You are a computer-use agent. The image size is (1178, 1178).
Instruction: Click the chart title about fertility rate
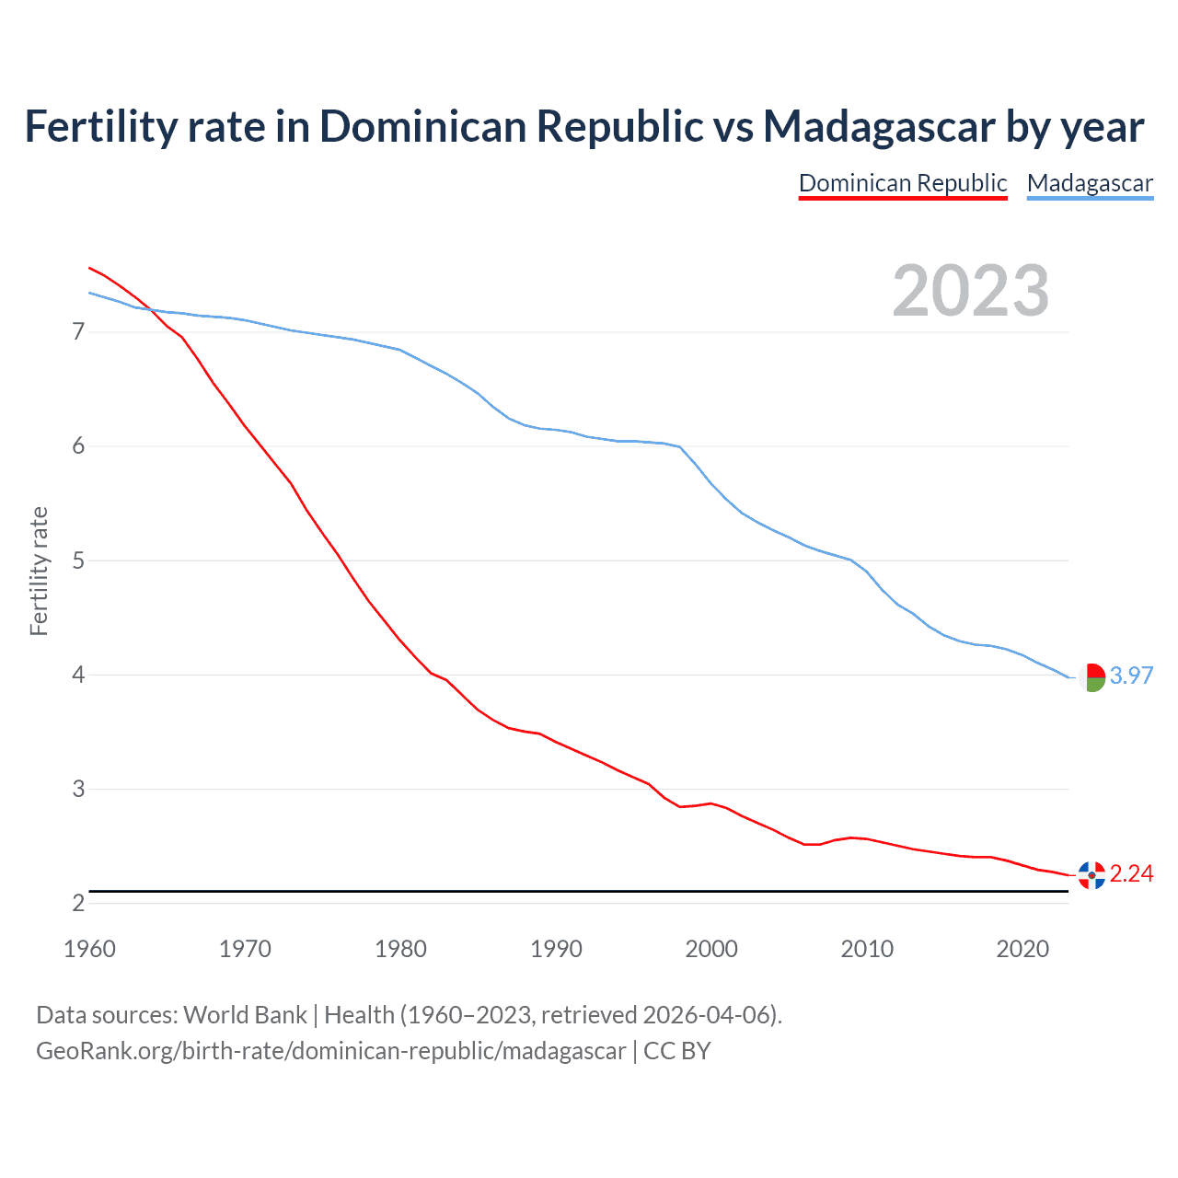584,127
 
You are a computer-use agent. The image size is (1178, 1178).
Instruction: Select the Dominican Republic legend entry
903,183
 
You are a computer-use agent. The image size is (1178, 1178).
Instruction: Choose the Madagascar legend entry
1090,183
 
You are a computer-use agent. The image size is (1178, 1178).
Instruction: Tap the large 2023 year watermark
971,291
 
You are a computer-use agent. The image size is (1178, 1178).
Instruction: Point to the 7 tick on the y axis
78,331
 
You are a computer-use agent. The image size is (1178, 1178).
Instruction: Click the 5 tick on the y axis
78,560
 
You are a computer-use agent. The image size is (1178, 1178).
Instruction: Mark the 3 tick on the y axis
78,789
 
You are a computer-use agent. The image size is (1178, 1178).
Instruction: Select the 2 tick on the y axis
78,903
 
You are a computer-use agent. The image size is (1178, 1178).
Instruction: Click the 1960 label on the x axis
89,949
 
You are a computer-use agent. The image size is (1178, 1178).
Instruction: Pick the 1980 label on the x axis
400,949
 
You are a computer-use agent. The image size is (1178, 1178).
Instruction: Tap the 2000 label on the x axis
711,949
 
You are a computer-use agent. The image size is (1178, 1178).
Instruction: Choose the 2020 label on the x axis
1022,949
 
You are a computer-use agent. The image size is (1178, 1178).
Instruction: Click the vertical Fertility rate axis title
39,571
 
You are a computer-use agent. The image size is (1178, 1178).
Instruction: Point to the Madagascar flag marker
1091,677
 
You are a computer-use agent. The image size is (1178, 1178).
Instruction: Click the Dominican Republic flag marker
1091,875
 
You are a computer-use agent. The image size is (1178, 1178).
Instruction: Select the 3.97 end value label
1131,676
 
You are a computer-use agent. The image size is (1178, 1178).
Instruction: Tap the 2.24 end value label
1131,873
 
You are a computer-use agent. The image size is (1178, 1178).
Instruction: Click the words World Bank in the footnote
245,1015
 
